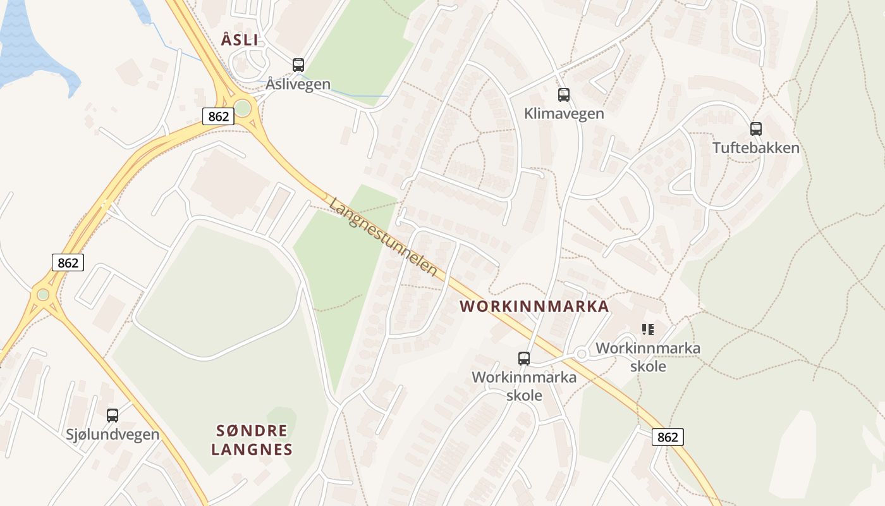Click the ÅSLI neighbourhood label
pyautogui.click(x=240, y=39)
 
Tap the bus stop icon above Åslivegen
pyautogui.click(x=298, y=65)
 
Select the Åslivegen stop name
pyautogui.click(x=298, y=83)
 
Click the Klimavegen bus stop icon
pyautogui.click(x=564, y=95)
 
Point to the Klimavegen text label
pyautogui.click(x=564, y=114)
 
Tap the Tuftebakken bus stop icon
pyautogui.click(x=756, y=129)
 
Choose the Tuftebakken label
pyautogui.click(x=756, y=148)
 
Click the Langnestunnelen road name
pyautogui.click(x=384, y=237)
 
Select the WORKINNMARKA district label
pyautogui.click(x=534, y=307)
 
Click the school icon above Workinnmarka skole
pyautogui.click(x=647, y=329)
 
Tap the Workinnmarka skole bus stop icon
pyautogui.click(x=524, y=359)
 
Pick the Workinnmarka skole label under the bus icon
pyautogui.click(x=524, y=386)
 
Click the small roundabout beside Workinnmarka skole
pyautogui.click(x=582, y=354)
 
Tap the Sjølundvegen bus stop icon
pyautogui.click(x=113, y=416)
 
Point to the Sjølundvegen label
pyautogui.click(x=113, y=435)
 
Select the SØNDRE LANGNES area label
pyautogui.click(x=252, y=440)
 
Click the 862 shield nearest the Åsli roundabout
pyautogui.click(x=216, y=116)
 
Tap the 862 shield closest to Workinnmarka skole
pyautogui.click(x=668, y=436)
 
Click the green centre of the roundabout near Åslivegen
pyautogui.click(x=243, y=109)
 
